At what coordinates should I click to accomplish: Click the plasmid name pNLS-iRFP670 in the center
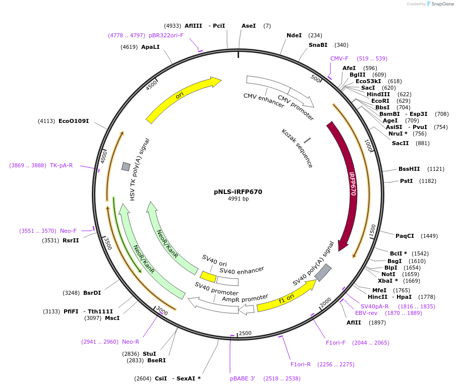tap(238, 191)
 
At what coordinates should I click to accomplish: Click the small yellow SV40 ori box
tap(208, 277)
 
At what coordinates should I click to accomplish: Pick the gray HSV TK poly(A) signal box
tap(126, 166)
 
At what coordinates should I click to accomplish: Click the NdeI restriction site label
tap(294, 35)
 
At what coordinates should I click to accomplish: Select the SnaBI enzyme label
tap(318, 45)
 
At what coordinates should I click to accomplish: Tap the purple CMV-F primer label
tap(339, 58)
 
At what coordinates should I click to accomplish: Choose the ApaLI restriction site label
tap(150, 47)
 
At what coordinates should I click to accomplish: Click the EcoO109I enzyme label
tap(74, 121)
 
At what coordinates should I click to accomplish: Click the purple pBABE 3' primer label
tap(243, 378)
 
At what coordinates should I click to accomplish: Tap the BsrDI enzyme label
tap(92, 293)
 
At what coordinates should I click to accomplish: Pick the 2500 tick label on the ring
tap(245, 333)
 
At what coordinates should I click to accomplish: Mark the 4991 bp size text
tap(238, 199)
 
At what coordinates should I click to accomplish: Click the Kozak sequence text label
tap(298, 148)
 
